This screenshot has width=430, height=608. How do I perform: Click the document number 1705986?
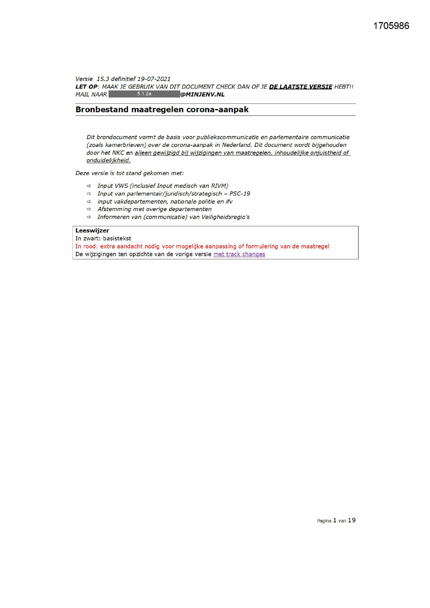(391, 26)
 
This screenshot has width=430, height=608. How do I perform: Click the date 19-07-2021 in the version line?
(154, 79)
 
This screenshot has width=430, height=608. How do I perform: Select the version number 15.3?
(103, 79)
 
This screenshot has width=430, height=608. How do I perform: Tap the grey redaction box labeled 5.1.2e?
(144, 94)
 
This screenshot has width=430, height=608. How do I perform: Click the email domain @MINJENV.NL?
(203, 95)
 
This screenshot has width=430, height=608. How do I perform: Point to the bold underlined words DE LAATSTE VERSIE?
(301, 87)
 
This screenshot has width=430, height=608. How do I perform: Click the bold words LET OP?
(86, 87)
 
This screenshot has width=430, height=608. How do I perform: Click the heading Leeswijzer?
(92, 230)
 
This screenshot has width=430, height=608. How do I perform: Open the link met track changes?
(239, 254)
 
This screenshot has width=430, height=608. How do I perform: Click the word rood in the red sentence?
(90, 246)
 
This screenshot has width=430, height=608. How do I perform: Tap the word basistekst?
(117, 238)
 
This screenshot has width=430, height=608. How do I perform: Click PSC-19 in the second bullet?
(240, 193)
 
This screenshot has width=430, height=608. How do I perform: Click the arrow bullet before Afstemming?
(89, 209)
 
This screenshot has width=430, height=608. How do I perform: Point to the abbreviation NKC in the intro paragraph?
(118, 153)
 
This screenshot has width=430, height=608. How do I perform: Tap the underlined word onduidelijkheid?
(109, 160)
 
